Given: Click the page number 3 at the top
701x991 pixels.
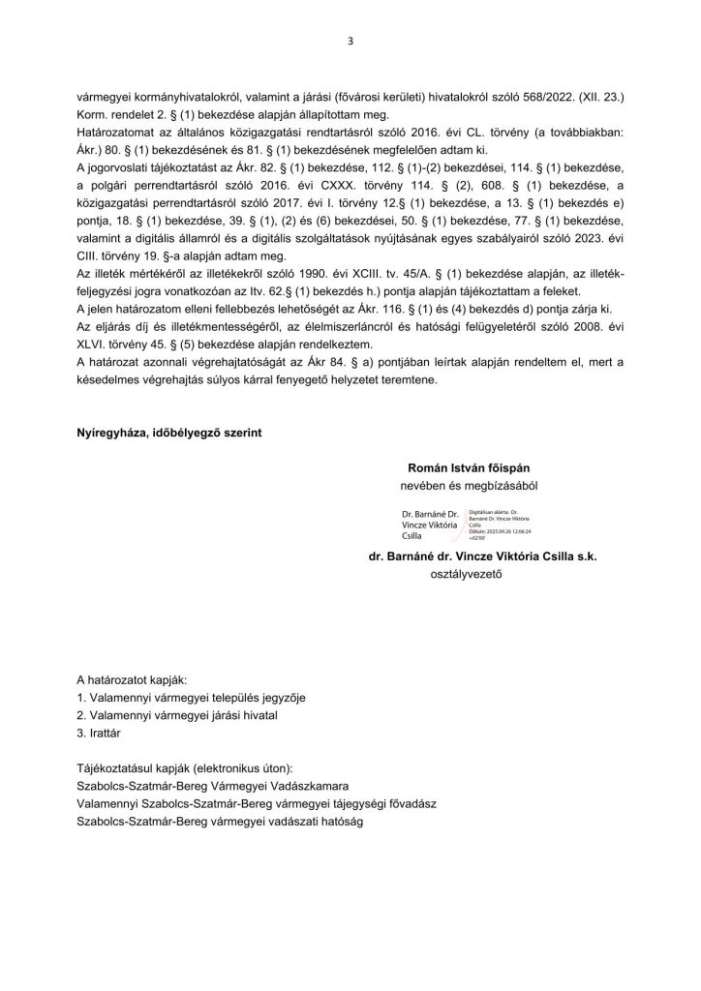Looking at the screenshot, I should (350, 41).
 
